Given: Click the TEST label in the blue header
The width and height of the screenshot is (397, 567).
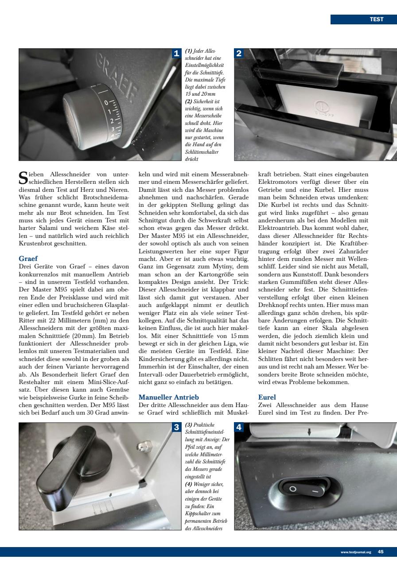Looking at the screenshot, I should point(376,19).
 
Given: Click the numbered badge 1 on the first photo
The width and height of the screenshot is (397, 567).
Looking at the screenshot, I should point(176,54).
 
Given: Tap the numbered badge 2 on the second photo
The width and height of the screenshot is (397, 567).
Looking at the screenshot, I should point(239,54).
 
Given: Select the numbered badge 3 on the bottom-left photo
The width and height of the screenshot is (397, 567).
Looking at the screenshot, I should point(176,427).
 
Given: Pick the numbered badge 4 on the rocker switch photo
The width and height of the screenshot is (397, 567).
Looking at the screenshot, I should point(239,427).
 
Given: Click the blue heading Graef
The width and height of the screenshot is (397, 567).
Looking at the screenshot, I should point(28,258).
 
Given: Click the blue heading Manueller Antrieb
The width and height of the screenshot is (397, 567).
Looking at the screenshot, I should point(166,397).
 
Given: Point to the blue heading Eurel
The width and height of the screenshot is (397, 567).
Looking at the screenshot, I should point(267,397).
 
